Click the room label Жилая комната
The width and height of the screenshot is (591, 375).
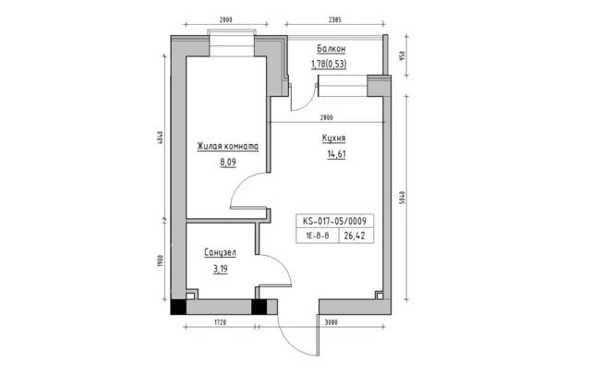228,146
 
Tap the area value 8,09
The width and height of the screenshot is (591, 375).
228,163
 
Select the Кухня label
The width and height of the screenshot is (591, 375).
333,139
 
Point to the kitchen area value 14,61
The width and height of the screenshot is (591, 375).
336,154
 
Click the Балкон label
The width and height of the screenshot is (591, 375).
331,49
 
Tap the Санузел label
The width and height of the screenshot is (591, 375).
220,252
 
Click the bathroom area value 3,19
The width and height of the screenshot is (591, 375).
221,269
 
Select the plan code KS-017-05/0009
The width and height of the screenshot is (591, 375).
334,221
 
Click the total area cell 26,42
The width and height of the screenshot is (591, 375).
355,236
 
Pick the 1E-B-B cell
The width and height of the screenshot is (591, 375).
318,236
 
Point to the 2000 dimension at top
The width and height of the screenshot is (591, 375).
225,20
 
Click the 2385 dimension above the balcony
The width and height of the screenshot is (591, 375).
334,20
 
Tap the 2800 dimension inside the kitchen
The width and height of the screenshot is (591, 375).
327,117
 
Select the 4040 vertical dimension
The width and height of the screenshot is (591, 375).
160,138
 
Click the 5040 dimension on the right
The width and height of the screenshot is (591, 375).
402,198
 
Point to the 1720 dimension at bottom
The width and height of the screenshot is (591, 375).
220,322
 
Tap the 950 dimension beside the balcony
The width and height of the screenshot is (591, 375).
402,56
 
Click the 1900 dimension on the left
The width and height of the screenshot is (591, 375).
160,260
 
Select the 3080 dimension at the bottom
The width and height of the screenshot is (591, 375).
331,322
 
